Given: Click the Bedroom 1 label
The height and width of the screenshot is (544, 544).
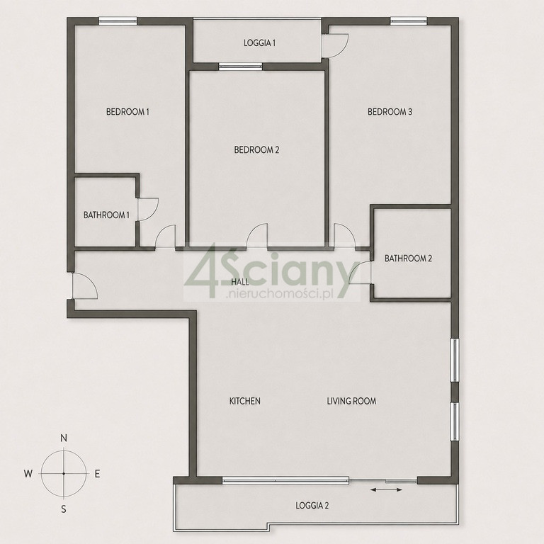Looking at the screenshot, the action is tap(127, 112).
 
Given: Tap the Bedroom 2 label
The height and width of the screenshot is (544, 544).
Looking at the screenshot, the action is tap(256, 150).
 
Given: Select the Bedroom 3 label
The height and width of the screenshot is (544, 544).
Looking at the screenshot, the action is tap(390, 112).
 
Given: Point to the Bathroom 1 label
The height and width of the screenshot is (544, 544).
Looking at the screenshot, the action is tap(106, 215).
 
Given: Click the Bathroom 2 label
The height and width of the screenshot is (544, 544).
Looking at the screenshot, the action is tap(408, 259).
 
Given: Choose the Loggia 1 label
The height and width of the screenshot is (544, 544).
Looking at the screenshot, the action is tap(259, 43).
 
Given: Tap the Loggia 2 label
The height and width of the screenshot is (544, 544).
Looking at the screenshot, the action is tap(312, 506).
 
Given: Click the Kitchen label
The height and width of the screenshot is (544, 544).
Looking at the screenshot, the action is tap(244, 401).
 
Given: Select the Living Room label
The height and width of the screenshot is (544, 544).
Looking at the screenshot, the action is tap(351, 401).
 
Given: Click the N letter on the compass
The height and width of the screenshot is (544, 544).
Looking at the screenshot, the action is tap(64, 438).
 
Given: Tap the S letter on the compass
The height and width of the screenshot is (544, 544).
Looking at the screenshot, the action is tap(64, 509).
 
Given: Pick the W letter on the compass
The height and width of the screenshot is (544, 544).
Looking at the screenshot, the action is tap(28, 474).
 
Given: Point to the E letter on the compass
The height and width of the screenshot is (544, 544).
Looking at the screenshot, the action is tap(98, 474).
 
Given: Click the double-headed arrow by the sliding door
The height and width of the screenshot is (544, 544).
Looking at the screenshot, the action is tap(386, 490).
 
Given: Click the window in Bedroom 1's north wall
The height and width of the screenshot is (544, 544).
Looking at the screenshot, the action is tap(118, 21).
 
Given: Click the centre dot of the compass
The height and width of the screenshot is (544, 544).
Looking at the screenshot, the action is tap(64, 474).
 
